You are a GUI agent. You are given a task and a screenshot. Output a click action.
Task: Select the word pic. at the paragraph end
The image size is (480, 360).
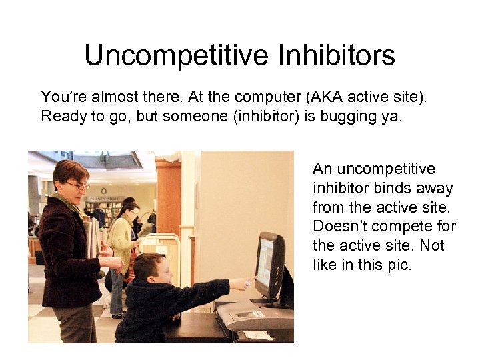pyautogui.click(x=398, y=265)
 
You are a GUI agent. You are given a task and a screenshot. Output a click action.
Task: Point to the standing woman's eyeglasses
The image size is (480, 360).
pyautogui.click(x=77, y=185)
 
